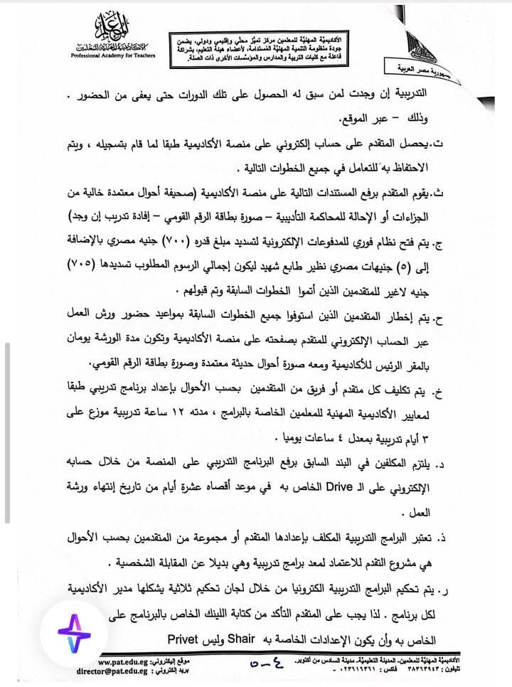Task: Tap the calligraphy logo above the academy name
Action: coord(106,30)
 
